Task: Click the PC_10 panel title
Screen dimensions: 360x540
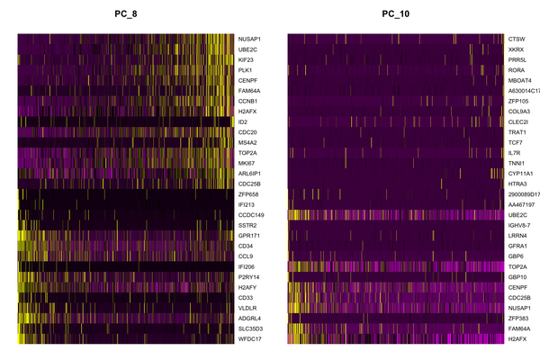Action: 394,13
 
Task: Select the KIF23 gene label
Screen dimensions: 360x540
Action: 246,59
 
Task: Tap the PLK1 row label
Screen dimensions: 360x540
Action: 245,69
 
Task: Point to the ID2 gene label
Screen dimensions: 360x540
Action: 242,121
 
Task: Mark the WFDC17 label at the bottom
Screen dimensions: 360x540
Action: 249,338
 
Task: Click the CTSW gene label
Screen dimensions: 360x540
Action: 517,39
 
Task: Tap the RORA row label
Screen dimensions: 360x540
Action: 517,69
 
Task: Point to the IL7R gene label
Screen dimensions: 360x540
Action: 516,152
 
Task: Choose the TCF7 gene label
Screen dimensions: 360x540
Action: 516,142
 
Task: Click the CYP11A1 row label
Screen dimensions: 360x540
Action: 521,173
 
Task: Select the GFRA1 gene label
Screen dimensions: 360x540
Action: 517,245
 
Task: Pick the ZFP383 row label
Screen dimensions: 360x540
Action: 518,318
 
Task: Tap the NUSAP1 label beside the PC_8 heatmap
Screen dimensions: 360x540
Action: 249,39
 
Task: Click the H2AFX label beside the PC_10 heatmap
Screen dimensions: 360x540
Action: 517,338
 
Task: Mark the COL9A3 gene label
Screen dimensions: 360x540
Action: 519,111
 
